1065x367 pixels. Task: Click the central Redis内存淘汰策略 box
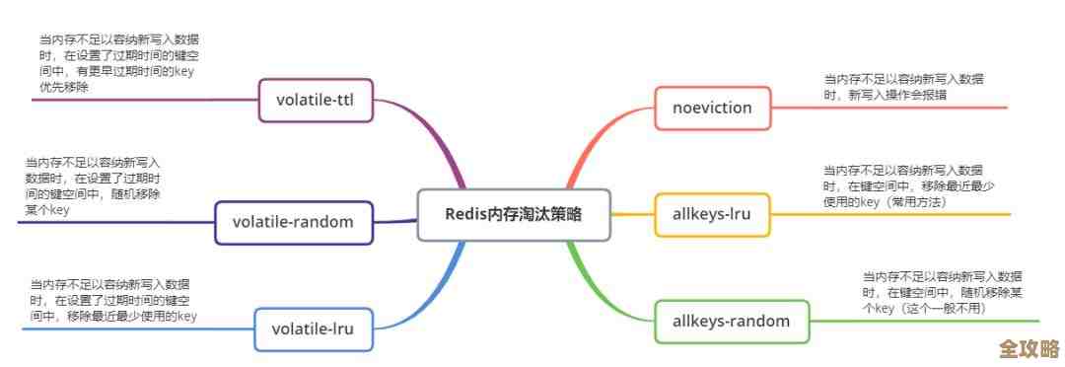pos(514,214)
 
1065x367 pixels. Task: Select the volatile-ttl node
pos(316,100)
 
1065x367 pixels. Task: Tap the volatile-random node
pos(293,221)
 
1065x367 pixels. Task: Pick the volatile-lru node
pos(313,329)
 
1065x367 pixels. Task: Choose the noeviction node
pos(712,108)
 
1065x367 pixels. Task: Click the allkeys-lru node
pos(712,214)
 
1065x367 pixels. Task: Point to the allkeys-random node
pos(732,321)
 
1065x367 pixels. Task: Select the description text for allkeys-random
pos(941,292)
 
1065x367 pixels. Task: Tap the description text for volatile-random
pos(94,185)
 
